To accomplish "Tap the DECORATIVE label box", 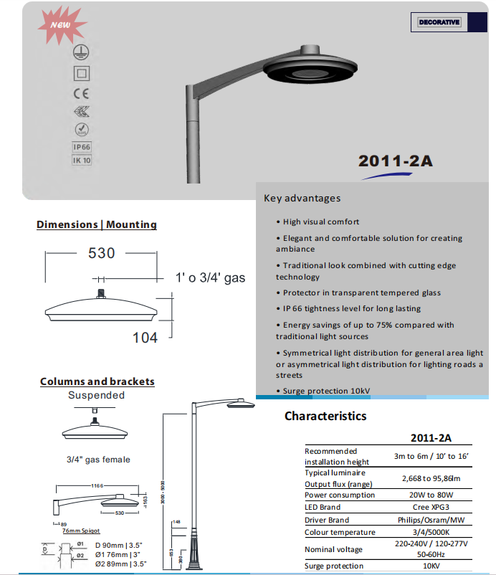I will [439, 22].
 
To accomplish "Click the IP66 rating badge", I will [82, 148].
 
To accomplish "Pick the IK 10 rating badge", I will [82, 161].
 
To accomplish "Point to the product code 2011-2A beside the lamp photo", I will [395, 161].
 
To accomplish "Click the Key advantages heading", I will [302, 198].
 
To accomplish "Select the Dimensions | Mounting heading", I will [97, 224].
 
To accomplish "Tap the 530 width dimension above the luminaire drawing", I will [102, 253].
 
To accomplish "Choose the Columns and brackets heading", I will [97, 381].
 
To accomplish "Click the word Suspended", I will [96, 395].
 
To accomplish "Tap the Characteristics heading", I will [325, 416].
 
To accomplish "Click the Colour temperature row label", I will [340, 532].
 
